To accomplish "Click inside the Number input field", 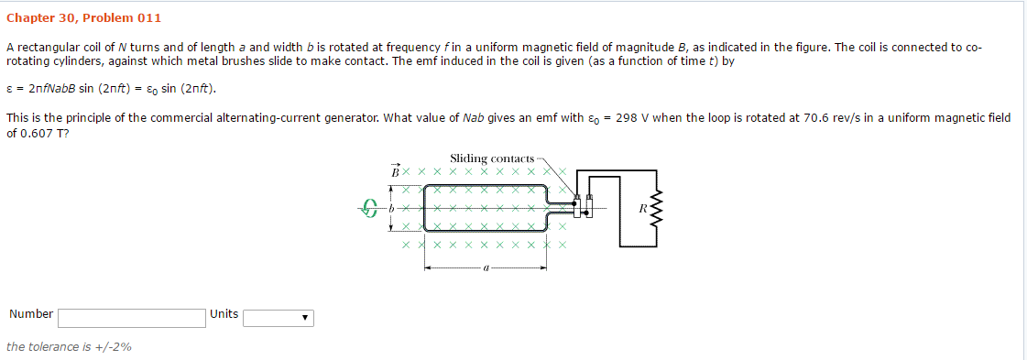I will tap(132, 318).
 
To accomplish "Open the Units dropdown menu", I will tap(279, 318).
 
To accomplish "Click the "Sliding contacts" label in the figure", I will tap(492, 159).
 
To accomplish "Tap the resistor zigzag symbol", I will tap(653, 209).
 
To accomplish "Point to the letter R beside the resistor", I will tap(642, 209).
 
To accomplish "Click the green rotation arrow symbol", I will tap(370, 209).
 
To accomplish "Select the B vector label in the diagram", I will tap(396, 170).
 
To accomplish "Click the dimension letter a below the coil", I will tap(486, 268).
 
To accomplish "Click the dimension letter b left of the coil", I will tap(391, 209).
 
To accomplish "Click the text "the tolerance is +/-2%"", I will tap(69, 347).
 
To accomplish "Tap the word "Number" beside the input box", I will tap(31, 314).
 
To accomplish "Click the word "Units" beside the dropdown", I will tap(224, 314).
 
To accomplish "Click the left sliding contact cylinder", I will tap(577, 208).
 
